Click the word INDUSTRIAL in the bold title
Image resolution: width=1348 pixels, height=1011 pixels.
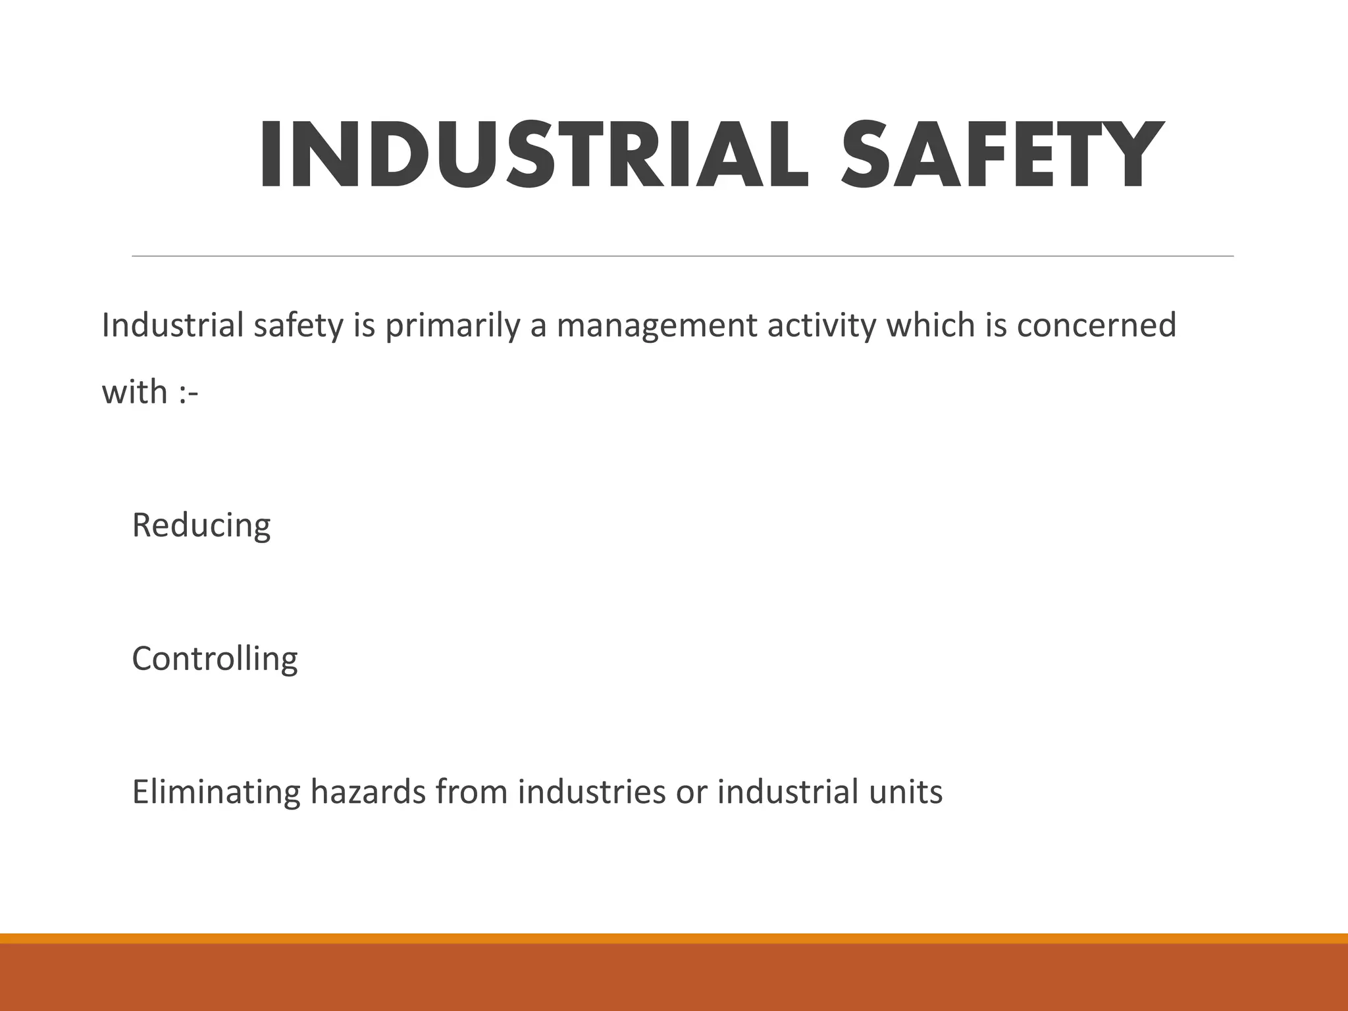point(533,157)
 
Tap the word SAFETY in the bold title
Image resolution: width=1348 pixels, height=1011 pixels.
point(1000,157)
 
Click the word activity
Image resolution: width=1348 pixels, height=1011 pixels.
point(822,326)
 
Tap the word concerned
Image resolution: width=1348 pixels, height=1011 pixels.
point(1096,325)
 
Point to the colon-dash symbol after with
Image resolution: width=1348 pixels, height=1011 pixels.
point(188,394)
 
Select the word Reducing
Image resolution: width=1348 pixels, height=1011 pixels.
point(201,526)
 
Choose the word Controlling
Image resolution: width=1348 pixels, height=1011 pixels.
point(215,659)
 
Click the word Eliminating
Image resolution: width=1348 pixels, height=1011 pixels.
point(217,792)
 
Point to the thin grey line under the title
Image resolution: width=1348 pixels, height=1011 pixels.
point(683,256)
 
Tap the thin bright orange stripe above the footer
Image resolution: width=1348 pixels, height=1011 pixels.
point(674,938)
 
